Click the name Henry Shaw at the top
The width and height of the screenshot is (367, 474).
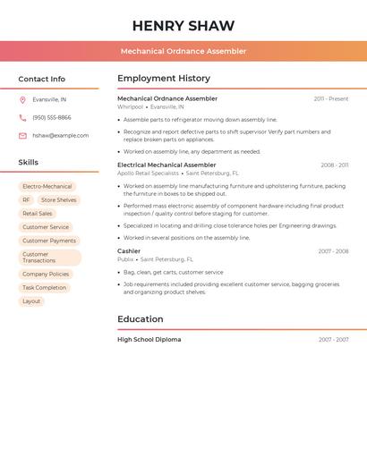[183, 26]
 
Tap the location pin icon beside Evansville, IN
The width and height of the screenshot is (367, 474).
[22, 99]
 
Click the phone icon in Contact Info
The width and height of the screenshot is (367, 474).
[22, 117]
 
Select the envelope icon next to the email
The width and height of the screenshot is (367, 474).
[22, 135]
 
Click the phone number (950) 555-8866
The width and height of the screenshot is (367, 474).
[52, 117]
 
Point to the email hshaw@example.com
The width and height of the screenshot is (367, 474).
[61, 135]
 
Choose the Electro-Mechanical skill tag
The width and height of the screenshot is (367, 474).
[47, 187]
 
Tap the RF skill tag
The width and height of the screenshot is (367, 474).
[26, 200]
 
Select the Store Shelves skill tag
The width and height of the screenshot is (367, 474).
[59, 200]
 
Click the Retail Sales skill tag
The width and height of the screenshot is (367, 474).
[38, 214]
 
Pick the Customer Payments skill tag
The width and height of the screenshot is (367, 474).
[49, 241]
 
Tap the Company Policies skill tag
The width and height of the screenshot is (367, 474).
[46, 274]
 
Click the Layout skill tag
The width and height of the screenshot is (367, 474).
[31, 301]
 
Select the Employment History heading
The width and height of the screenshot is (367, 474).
[164, 79]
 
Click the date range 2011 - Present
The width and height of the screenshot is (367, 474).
[330, 98]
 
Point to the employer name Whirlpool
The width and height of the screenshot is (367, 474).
[130, 106]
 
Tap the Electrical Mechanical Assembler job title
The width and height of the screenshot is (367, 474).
[166, 165]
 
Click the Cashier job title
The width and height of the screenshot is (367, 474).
[129, 251]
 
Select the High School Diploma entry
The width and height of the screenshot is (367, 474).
[149, 340]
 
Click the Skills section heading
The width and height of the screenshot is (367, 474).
[29, 163]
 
